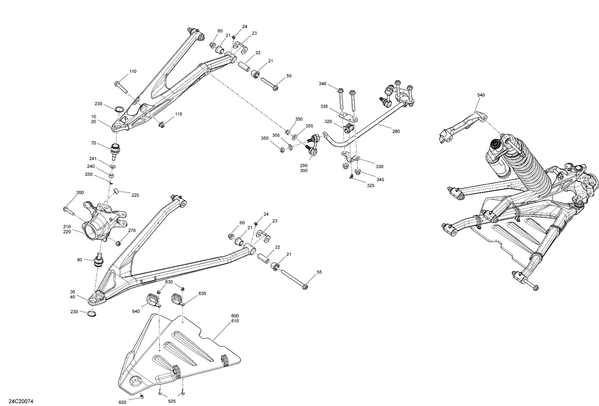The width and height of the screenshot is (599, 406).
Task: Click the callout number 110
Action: pos(133,72)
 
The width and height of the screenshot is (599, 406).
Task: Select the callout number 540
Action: pos(481,95)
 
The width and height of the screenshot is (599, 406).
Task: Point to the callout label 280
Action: pos(396,131)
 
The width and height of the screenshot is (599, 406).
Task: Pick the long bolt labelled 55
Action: pos(294,279)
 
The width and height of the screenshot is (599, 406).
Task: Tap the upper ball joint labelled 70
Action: pos(115,150)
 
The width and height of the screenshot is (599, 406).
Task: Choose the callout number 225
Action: pos(135,195)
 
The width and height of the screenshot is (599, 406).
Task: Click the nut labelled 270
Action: pos(118,243)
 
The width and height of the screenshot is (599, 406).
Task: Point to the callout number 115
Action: pos(178,114)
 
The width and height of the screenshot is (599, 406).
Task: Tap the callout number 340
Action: pos(322,84)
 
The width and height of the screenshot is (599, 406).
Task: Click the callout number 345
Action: pos(380,180)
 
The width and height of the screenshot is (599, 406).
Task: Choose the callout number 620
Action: pos(122,402)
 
